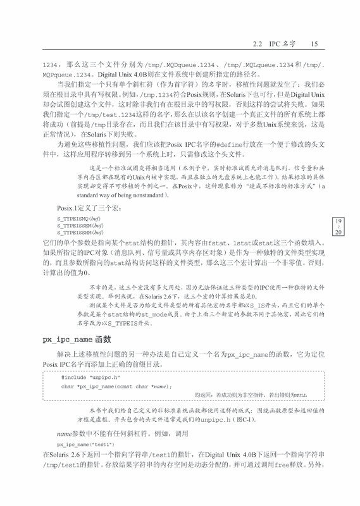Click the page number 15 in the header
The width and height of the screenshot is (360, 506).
[314, 44]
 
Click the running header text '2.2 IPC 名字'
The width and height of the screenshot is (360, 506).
[271, 44]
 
